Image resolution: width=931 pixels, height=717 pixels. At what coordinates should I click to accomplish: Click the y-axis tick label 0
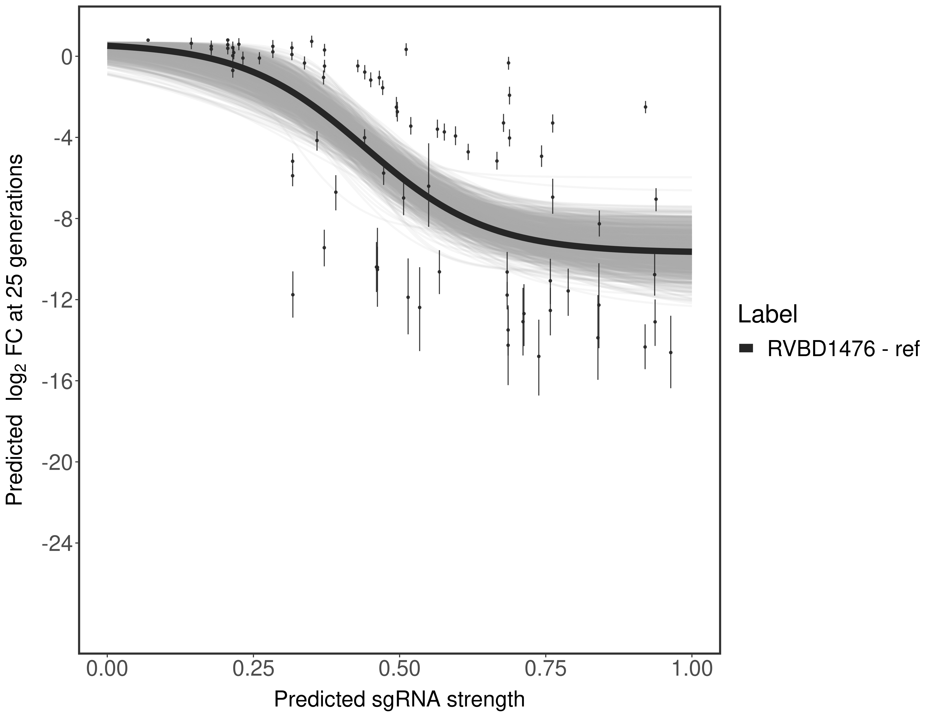[x=67, y=57]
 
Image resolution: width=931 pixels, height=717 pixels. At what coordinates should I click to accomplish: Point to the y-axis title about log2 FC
[x=15, y=330]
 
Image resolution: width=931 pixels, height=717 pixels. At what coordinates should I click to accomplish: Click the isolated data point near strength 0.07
[x=148, y=40]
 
